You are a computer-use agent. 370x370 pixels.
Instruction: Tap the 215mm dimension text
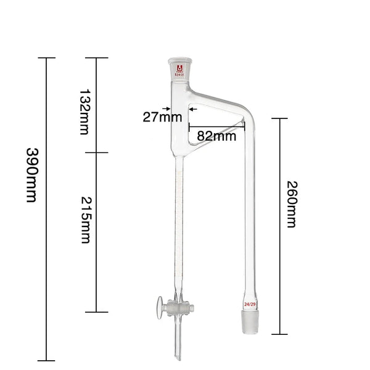(x=85, y=219)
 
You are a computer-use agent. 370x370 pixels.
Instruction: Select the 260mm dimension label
(x=292, y=204)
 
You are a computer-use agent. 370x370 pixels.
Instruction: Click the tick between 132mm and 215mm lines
(x=96, y=152)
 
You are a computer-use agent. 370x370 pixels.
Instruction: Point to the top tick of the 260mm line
(x=281, y=118)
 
